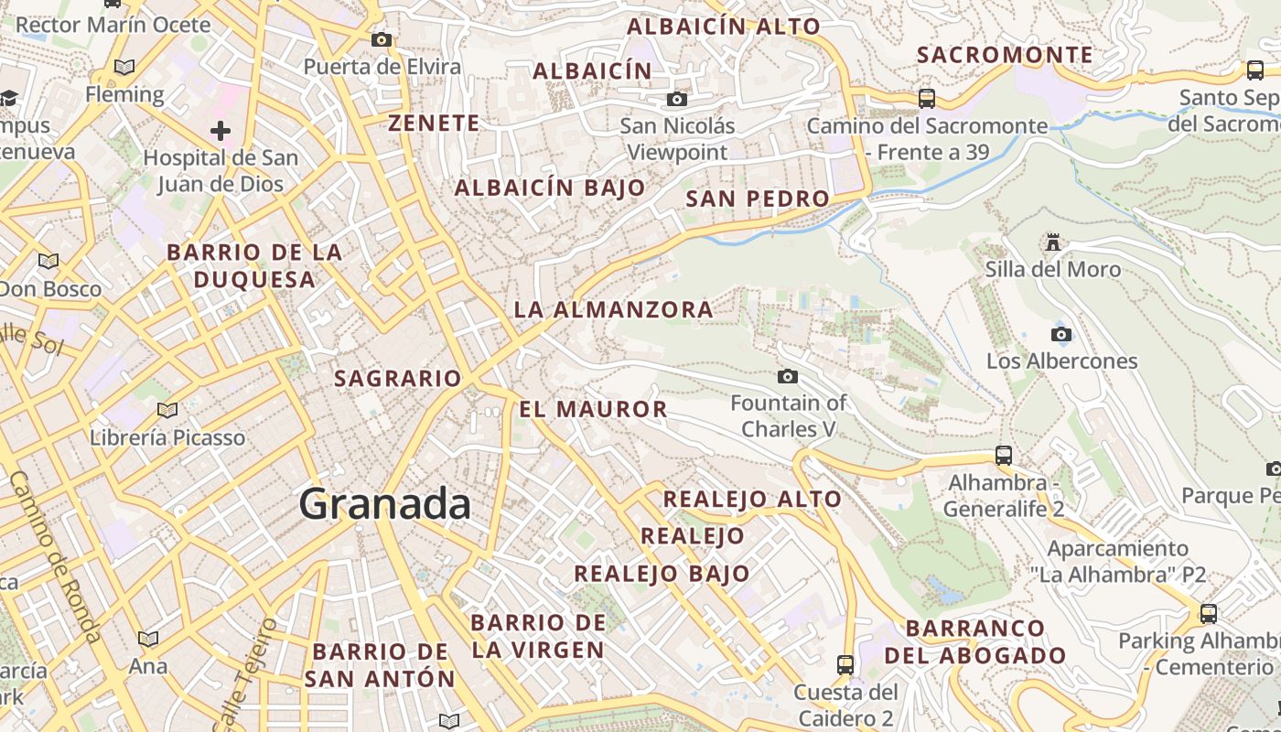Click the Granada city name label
[385, 504]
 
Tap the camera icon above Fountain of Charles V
[787, 376]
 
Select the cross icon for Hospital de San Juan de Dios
[221, 131]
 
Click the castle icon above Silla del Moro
[1053, 242]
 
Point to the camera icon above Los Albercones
[1061, 334]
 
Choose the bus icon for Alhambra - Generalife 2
[1004, 455]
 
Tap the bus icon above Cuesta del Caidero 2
[845, 664]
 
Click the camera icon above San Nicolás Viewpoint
[677, 99]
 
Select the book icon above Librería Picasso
[167, 410]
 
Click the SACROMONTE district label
[1005, 55]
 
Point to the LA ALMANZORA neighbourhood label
[613, 309]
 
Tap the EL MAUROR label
[593, 409]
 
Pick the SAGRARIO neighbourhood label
[398, 378]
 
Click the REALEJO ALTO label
[752, 499]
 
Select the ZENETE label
[434, 123]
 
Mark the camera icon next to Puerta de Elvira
[382, 39]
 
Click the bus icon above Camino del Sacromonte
[927, 98]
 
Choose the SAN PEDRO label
[758, 199]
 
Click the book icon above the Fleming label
[124, 67]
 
